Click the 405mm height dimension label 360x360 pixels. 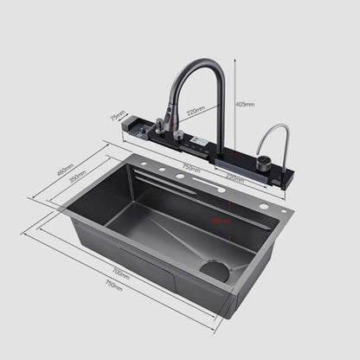pos(245,105)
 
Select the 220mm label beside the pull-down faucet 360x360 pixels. pos(196,111)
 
